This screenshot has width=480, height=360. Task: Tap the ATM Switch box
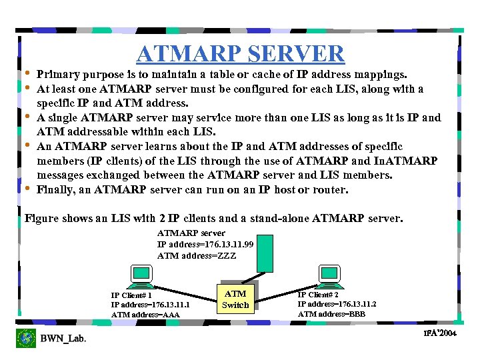(x=235, y=299)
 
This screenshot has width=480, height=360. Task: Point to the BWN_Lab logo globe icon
(x=26, y=338)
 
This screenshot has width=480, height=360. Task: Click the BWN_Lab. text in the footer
(x=63, y=339)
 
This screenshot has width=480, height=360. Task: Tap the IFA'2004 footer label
(x=439, y=333)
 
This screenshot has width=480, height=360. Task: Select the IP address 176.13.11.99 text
(x=196, y=245)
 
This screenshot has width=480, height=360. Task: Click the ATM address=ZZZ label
(x=197, y=255)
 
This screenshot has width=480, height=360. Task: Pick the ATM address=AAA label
(x=145, y=315)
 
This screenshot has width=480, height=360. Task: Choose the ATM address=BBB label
(x=331, y=314)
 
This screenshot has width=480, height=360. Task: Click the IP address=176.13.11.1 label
(x=145, y=305)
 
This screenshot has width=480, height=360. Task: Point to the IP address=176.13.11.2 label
(x=337, y=304)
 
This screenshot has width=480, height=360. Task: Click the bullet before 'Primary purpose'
(x=27, y=73)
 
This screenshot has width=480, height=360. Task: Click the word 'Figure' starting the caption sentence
(x=41, y=219)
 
